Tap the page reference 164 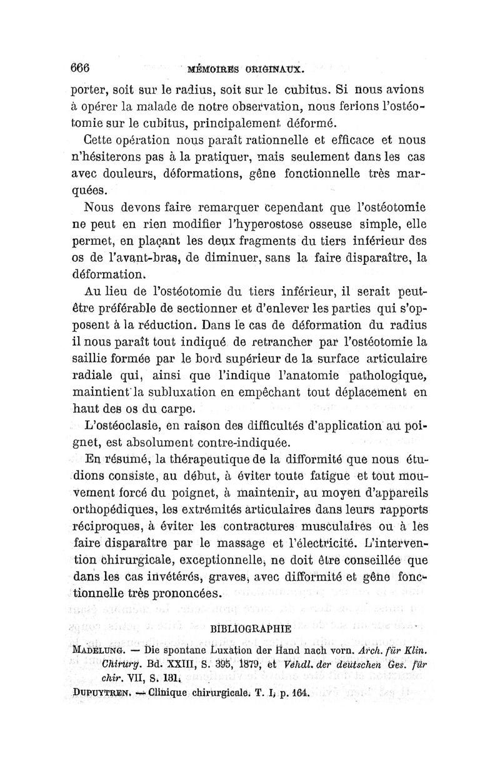click(297, 692)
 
